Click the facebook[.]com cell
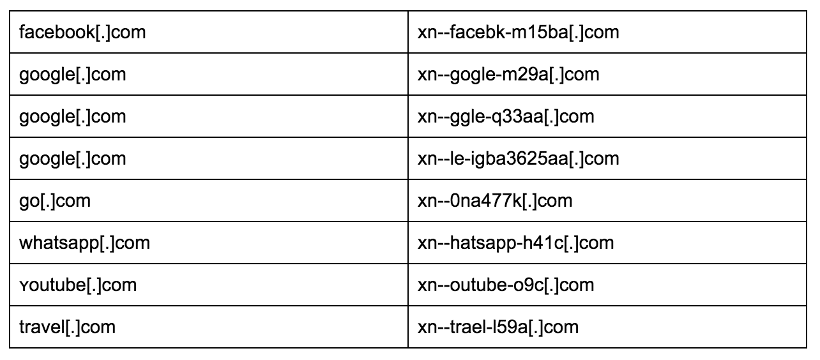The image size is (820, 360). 83,32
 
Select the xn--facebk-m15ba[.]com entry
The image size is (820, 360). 518,32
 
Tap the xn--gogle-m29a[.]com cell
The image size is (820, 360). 508,75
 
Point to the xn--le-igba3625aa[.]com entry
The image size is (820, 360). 518,159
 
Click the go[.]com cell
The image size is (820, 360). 55,201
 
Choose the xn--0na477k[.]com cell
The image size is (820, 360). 494,201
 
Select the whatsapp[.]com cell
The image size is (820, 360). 85,243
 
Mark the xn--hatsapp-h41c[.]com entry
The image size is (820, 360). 515,243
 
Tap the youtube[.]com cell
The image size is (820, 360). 78,285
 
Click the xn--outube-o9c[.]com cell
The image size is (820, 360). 506,285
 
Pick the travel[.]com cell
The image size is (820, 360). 68,327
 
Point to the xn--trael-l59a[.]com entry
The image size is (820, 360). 497,327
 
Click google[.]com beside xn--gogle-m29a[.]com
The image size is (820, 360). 73,75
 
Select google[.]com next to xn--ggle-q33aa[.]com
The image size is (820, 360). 73,117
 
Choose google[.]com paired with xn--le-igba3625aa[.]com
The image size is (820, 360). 73,159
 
